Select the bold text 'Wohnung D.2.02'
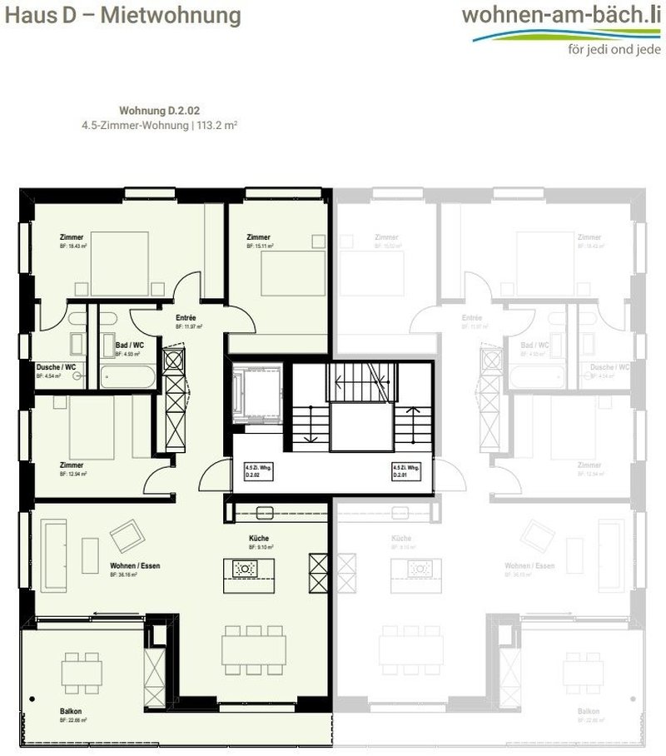click(160, 110)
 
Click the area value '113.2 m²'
click(220, 125)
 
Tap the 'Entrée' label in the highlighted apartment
click(185, 318)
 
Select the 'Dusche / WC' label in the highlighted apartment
click(57, 367)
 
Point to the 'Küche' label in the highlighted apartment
click(258, 539)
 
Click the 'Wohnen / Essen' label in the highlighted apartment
click(135, 566)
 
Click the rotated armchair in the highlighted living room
click(127, 535)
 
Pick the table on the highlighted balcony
click(82, 669)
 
